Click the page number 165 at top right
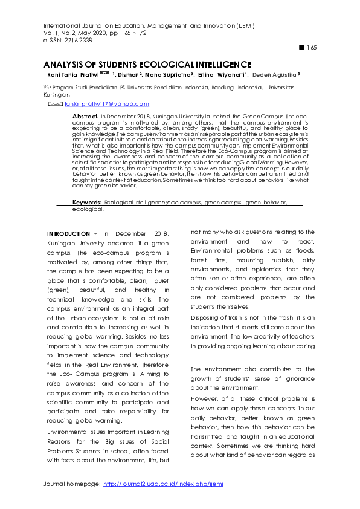[312, 48]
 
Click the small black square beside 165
[302, 47]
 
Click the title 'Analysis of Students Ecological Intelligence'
[147, 65]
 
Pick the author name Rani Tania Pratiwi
[72, 74]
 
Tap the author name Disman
[129, 74]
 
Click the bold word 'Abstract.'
[85, 115]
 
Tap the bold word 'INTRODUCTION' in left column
[68, 233]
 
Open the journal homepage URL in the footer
[163, 484]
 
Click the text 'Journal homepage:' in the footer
[72, 484]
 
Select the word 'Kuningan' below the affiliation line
[57, 95]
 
